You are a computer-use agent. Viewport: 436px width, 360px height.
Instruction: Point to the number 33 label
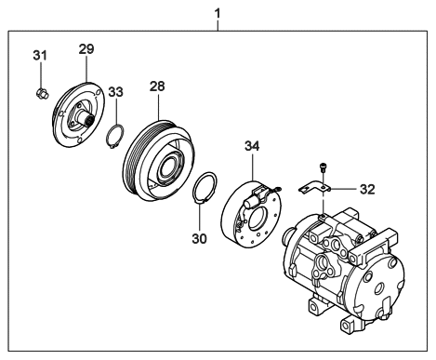tap(114, 94)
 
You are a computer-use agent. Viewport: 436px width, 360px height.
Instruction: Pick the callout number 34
tap(254, 146)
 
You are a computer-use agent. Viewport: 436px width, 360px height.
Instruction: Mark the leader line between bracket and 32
tap(344, 190)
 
